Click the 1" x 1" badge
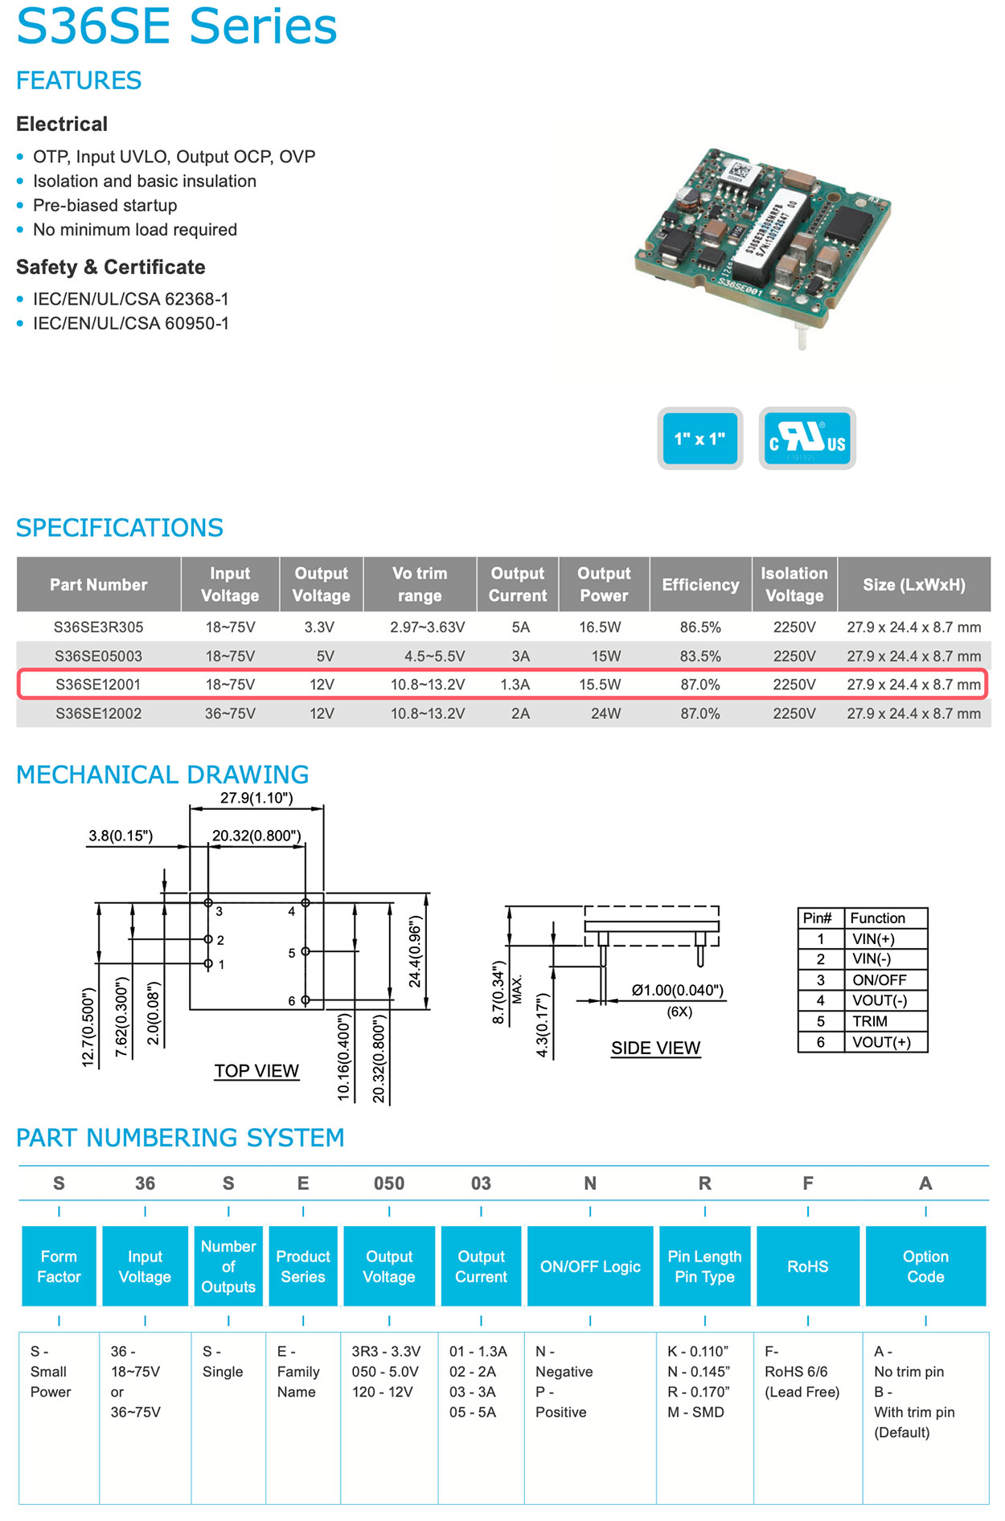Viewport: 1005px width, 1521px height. (699, 439)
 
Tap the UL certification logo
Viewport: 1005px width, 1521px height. (806, 439)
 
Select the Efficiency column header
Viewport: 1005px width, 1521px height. (699, 585)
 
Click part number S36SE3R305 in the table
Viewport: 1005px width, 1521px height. (98, 627)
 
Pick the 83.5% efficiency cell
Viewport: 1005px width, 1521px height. (699, 656)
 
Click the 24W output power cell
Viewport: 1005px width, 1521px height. (605, 713)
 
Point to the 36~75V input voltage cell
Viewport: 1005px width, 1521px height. (230, 713)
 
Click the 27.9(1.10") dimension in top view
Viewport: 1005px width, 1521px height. (256, 798)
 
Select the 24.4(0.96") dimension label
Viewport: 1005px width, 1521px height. (415, 951)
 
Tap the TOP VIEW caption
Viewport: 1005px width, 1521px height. (256, 1071)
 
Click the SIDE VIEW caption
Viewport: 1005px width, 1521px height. (655, 1048)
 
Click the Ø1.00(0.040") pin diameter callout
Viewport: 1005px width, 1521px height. (677, 990)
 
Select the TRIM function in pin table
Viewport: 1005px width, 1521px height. (870, 1021)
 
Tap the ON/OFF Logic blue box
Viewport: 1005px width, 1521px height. (590, 1266)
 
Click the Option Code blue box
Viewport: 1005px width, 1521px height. (925, 1266)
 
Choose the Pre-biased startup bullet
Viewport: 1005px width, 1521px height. (105, 206)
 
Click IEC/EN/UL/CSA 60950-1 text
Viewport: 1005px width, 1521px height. (130, 324)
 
